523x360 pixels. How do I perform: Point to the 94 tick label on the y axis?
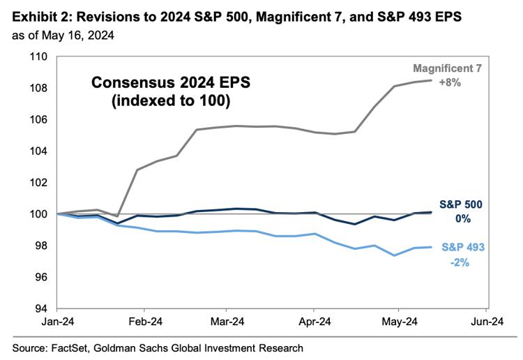[x=40, y=308]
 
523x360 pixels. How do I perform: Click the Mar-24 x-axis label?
[x=226, y=322]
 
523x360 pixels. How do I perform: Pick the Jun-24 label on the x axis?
[x=487, y=322]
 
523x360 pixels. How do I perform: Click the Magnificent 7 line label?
[x=447, y=68]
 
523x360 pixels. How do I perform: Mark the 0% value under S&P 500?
[x=463, y=218]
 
